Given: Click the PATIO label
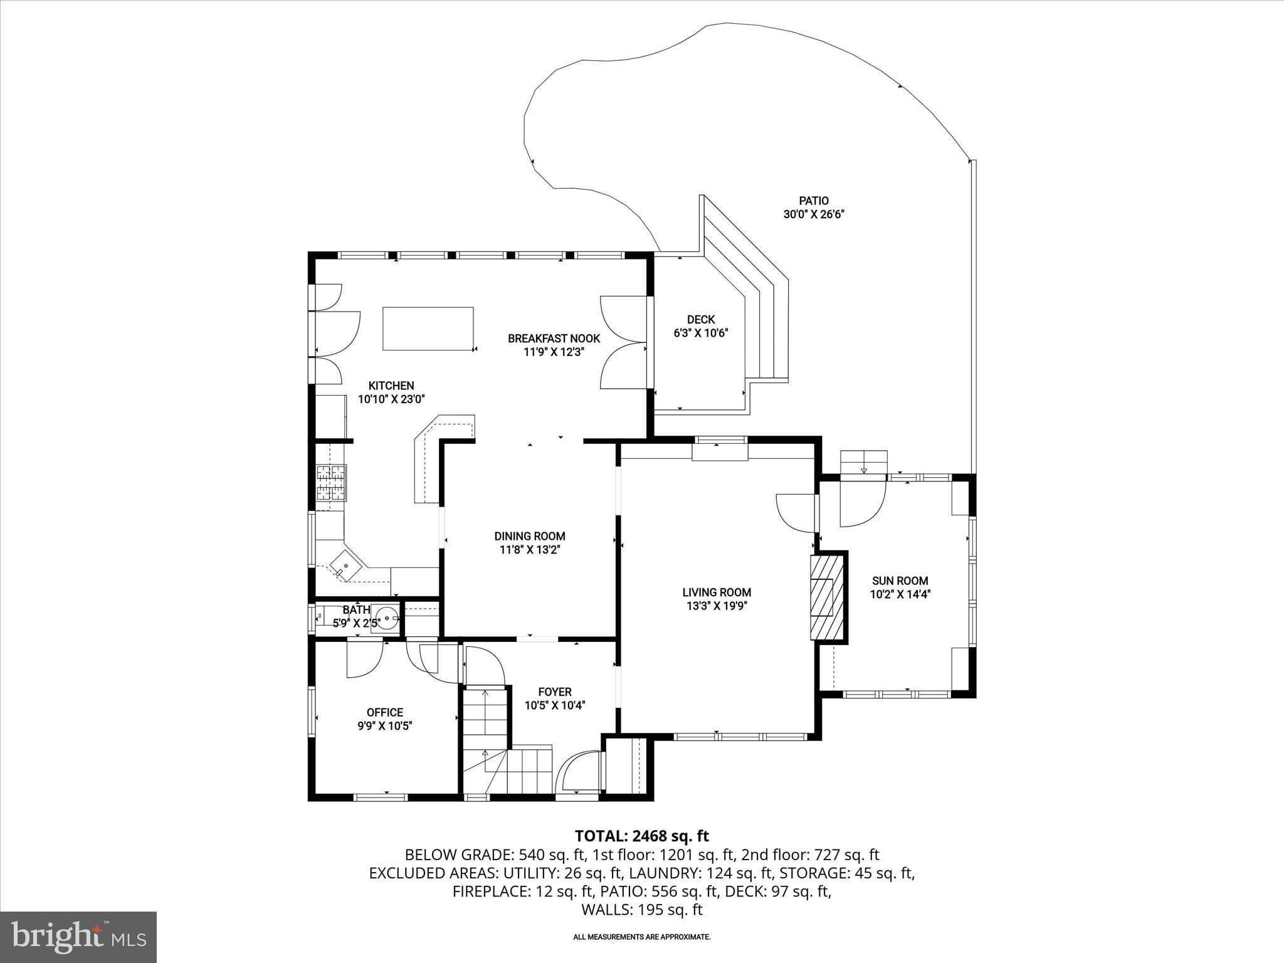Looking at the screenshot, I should pos(813,201).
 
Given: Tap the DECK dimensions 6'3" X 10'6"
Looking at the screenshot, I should pos(700,334).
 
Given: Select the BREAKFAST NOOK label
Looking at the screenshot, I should pos(554,339).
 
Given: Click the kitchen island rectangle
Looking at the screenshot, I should pos(428,329).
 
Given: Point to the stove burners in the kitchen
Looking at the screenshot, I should pos(331,483).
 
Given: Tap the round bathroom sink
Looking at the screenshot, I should pos(387,618).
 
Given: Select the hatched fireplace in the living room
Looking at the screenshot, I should pos(828,596).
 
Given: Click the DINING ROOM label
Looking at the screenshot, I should pos(530,536).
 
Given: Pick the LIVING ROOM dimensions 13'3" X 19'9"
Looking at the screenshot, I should pos(717,606).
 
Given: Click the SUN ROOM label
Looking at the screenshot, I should pos(900,581).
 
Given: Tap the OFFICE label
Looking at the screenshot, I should pos(384,712).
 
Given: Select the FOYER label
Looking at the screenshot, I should pos(555,692).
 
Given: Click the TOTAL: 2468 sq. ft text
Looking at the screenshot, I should pos(641,836).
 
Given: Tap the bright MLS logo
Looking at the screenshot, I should pos(78,937).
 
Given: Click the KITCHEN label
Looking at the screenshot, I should pos(391,386).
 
